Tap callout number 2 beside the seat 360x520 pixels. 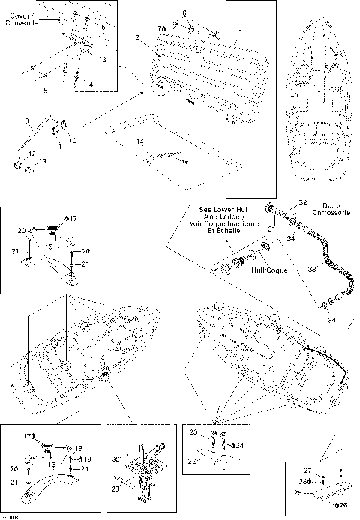[x=137, y=37]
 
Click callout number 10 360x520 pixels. [x=73, y=140]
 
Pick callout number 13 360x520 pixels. [x=42, y=161]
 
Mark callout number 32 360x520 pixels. [x=303, y=203]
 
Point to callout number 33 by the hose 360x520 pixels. [x=310, y=267]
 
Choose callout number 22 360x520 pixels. [x=192, y=461]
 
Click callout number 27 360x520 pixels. [x=307, y=470]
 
